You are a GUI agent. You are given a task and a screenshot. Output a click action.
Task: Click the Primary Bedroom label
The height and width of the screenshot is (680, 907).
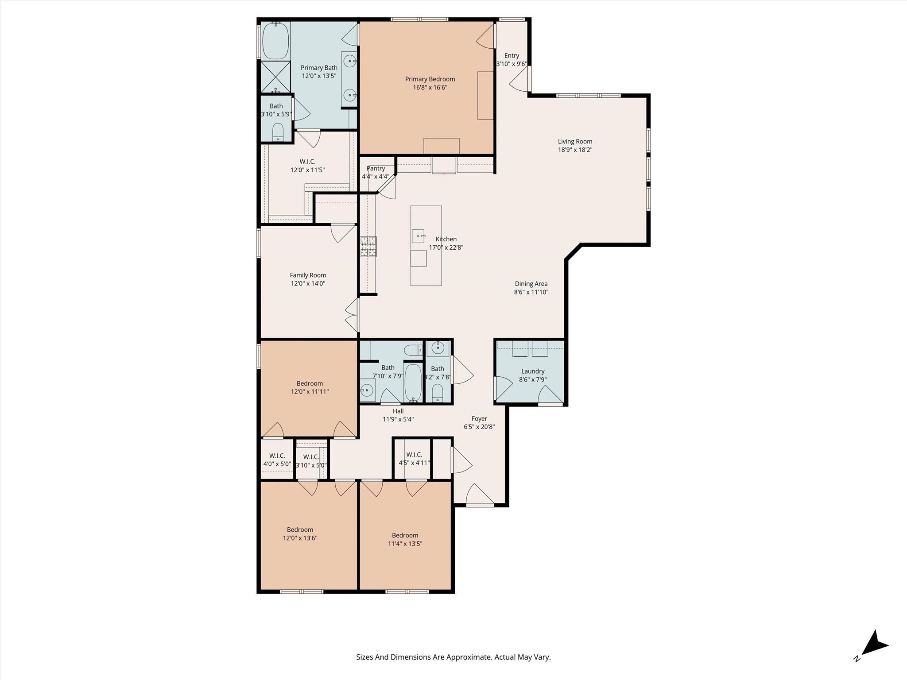[x=430, y=79]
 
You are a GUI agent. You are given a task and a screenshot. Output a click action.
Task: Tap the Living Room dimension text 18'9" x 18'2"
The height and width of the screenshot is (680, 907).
[x=575, y=150]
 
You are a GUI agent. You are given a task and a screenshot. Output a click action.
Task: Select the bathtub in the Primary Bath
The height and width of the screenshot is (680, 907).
[x=275, y=41]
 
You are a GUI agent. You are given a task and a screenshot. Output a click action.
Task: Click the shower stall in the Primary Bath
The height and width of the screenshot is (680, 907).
[x=275, y=77]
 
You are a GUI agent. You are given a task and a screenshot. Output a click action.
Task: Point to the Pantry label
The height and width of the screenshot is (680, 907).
[x=376, y=169]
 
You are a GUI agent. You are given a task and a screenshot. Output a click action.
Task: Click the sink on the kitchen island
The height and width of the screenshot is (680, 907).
[x=418, y=236]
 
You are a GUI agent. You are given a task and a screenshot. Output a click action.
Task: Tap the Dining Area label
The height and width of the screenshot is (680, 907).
[x=531, y=284]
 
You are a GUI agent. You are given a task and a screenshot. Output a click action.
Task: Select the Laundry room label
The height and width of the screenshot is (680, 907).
[x=532, y=371]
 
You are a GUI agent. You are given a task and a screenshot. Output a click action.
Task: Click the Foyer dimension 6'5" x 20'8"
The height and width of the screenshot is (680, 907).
[x=479, y=427]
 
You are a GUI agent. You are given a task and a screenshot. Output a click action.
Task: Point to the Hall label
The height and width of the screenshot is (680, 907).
[x=398, y=411]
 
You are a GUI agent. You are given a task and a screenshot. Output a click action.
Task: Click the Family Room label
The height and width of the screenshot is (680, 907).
[x=308, y=275]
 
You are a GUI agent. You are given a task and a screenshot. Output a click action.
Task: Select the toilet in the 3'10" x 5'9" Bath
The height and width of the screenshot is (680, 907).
[x=278, y=131]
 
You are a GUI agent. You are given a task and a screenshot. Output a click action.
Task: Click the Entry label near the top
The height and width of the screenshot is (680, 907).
[x=512, y=56]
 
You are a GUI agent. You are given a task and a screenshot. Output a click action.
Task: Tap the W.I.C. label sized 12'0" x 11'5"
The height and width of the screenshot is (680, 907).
[x=307, y=162]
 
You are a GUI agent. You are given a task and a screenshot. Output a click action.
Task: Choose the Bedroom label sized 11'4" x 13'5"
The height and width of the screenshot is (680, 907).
[x=405, y=535]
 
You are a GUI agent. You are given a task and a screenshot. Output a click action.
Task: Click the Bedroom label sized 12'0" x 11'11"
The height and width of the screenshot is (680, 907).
[x=310, y=383]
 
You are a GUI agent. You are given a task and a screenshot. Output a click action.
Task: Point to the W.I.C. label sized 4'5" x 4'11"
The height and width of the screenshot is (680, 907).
[x=414, y=455]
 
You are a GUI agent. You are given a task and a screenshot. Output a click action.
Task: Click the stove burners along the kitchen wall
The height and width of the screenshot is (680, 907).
[x=368, y=247]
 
